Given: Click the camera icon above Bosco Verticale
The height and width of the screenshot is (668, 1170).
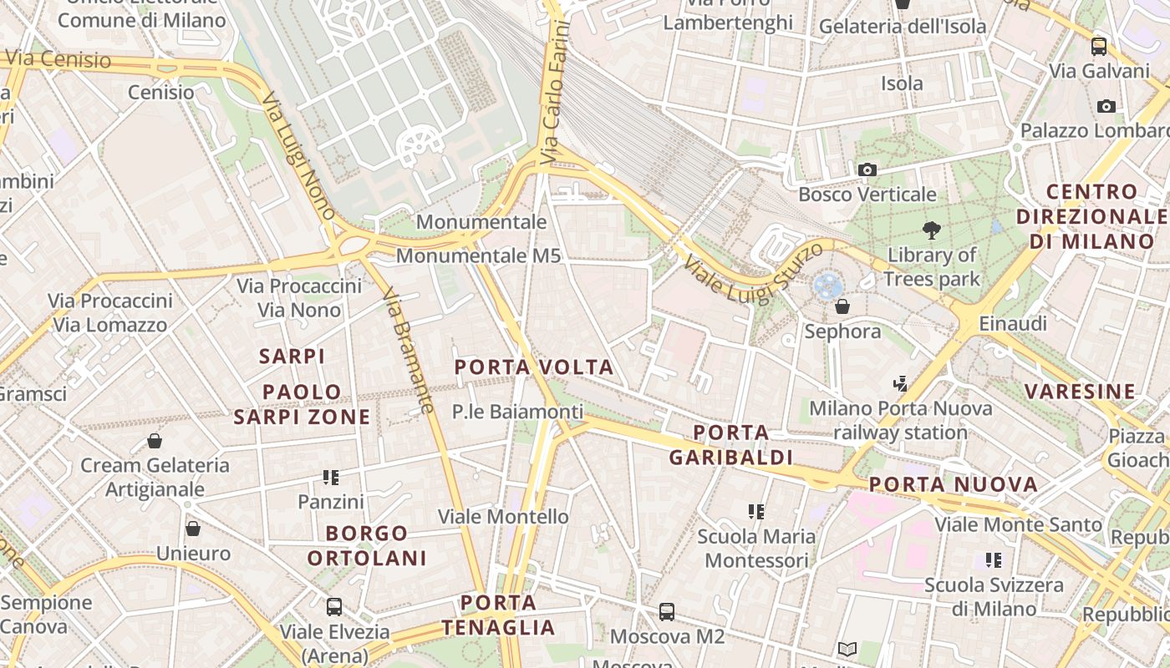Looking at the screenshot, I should pos(867,170).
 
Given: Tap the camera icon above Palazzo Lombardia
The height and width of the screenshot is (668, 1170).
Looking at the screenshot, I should pos(1106,106).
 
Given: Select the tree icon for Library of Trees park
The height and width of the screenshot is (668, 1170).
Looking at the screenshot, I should pos(931,230).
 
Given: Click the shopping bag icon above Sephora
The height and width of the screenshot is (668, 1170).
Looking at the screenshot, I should pos(842,306).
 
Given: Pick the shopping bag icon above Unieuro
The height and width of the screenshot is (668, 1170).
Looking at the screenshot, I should pos(193,529).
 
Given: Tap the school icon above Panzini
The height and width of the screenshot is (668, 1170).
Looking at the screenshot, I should pos(331,478).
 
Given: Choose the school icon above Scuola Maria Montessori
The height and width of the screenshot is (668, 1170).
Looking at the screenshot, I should pos(756,511).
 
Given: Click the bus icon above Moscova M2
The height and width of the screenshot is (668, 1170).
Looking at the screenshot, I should pos(667,612).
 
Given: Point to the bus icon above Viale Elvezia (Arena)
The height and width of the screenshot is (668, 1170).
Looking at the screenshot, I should pos(334,607).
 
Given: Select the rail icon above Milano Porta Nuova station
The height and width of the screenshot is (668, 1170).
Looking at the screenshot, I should pos(900,384).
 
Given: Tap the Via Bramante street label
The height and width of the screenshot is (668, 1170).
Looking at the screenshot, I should pos(408,351).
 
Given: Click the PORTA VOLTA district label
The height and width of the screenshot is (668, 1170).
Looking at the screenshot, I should pos(534,367).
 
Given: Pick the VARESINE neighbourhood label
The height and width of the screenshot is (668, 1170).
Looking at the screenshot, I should pos(1081,391).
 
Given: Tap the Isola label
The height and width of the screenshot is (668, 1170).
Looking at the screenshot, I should pos(902,83).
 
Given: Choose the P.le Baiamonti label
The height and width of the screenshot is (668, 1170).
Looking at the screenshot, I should pos(517,412).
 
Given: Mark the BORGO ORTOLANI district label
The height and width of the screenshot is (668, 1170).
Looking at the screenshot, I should pos(367,545).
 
